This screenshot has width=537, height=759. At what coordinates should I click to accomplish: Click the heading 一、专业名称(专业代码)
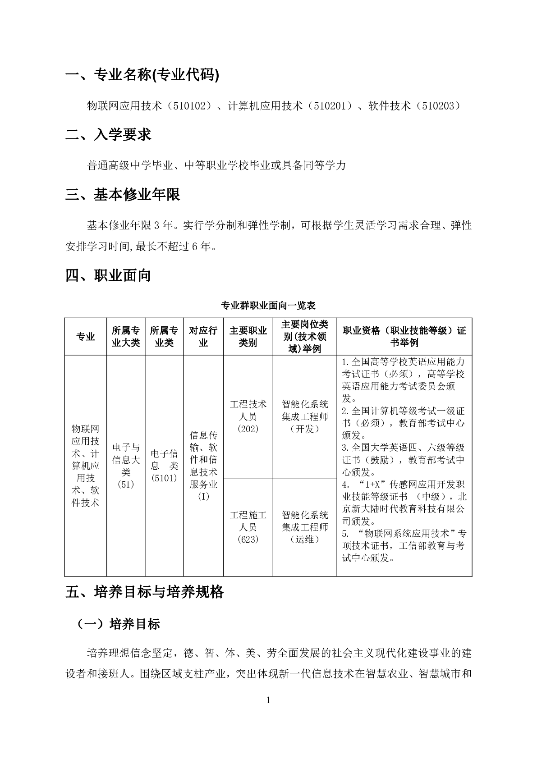click(142, 75)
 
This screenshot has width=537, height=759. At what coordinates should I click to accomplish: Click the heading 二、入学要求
click(108, 135)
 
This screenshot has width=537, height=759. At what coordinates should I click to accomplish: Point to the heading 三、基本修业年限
click(123, 194)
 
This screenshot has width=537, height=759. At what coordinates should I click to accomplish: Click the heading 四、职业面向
click(108, 275)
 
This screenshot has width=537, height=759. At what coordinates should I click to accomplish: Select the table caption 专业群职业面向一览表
click(268, 306)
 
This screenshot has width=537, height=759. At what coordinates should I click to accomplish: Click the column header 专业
click(86, 337)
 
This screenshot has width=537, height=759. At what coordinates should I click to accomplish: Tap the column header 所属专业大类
click(126, 337)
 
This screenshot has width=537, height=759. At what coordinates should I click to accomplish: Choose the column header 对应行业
click(203, 337)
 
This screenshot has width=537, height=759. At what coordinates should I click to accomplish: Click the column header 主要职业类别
click(248, 337)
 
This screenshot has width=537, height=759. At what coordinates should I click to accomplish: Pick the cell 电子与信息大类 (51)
click(126, 466)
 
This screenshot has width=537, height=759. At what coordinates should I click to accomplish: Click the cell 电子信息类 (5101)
click(164, 466)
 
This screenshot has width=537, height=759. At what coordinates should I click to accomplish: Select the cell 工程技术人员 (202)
click(248, 416)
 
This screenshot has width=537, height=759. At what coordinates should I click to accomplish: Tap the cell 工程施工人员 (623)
click(248, 527)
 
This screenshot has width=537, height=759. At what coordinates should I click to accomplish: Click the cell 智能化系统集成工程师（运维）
click(305, 527)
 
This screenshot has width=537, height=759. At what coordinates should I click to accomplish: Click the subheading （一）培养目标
click(119, 624)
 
